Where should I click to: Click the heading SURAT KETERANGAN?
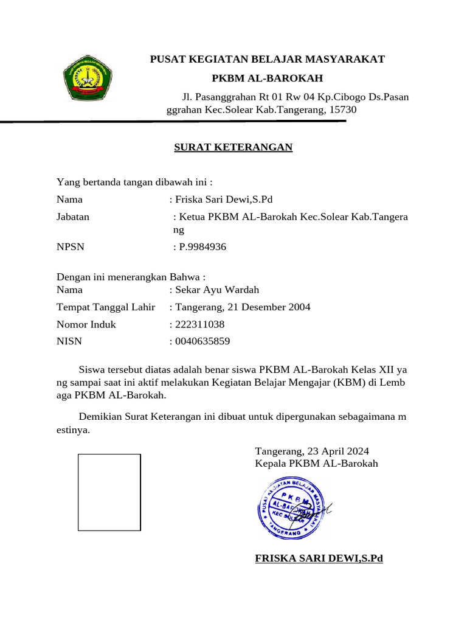(233, 147)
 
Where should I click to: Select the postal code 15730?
(342, 110)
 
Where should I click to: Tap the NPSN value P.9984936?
(199, 247)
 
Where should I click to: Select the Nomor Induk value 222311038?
(199, 324)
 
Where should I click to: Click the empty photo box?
(109, 493)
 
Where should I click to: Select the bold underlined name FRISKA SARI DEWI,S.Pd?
(319, 559)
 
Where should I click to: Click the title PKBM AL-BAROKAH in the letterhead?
(267, 78)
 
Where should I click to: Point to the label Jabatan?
(73, 217)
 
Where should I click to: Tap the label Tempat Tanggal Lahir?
(106, 307)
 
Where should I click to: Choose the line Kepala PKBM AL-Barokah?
(317, 464)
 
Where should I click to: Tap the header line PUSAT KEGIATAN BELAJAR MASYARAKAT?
(268, 59)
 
